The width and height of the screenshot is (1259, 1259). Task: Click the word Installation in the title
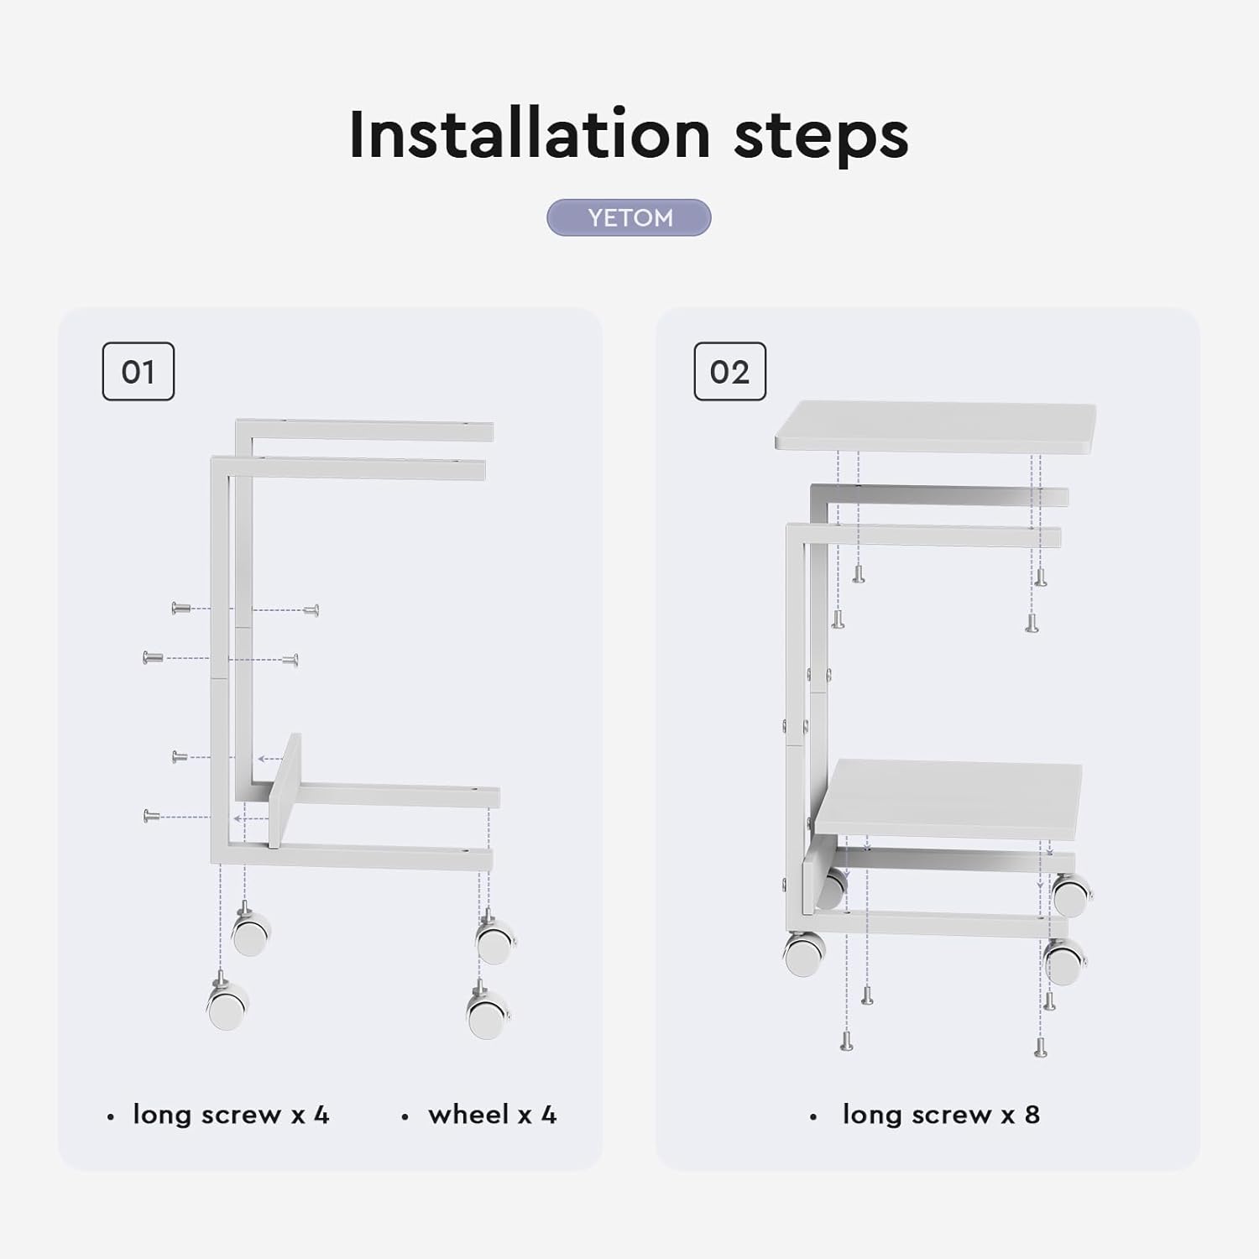(530, 134)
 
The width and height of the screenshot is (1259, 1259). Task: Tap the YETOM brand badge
(629, 217)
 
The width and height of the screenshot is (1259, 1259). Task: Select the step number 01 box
(138, 371)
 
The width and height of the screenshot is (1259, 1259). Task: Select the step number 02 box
(729, 371)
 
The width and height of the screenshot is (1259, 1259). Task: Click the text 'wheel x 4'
(492, 1115)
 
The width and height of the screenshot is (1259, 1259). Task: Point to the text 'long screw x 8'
(941, 1115)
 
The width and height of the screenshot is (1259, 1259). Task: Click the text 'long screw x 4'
(231, 1115)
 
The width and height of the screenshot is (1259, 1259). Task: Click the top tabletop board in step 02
(935, 427)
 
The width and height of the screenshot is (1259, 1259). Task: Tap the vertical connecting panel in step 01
(285, 791)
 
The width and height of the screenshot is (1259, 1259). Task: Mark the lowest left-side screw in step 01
(152, 815)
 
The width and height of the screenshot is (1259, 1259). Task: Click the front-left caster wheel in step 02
(804, 955)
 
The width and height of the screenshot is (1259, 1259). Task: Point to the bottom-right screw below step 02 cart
(1041, 1047)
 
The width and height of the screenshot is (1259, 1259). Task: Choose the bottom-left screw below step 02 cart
(847, 1041)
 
